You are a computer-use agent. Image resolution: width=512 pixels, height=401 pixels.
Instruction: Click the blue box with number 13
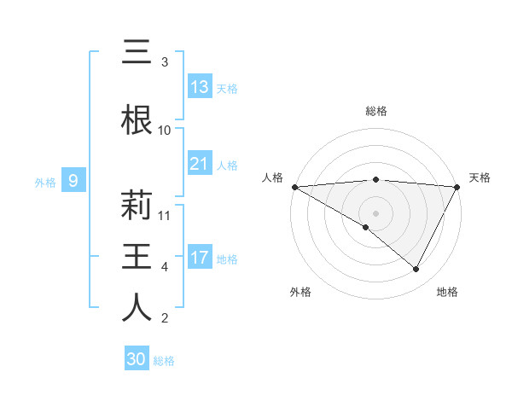click(200, 87)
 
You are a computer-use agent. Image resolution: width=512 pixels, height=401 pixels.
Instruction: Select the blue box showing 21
click(200, 164)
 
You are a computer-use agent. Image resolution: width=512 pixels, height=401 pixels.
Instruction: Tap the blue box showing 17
click(200, 258)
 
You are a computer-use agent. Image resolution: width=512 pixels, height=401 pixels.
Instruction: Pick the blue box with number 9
click(74, 181)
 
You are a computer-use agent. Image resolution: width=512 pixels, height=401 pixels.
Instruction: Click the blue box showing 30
click(137, 360)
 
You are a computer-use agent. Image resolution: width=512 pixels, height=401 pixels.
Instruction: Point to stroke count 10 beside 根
click(165, 131)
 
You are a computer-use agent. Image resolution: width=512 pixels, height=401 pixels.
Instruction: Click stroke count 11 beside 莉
click(165, 216)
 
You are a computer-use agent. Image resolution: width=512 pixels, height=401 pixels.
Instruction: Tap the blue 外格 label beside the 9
click(44, 182)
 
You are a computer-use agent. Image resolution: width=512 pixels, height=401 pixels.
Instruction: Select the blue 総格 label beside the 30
click(164, 361)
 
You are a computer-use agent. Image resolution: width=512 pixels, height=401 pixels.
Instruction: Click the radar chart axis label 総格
click(376, 111)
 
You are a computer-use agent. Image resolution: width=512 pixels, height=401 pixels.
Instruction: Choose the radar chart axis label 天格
click(480, 177)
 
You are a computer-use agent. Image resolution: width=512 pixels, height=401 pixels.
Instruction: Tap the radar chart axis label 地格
click(447, 292)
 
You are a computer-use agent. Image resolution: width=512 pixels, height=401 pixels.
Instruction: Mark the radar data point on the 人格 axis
click(294, 186)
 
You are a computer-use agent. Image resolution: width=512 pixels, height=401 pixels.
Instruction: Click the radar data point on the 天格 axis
click(457, 186)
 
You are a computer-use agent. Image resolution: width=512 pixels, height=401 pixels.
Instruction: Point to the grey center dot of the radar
click(375, 212)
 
